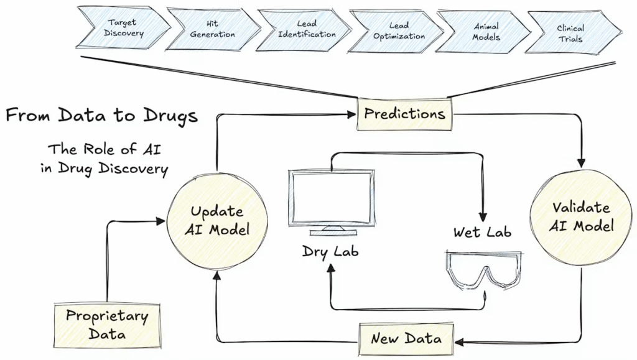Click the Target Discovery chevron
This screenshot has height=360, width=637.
pyautogui.click(x=124, y=27)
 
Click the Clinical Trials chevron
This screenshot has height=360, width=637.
pyautogui.click(x=570, y=32)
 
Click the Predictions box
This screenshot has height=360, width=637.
pyautogui.click(x=404, y=114)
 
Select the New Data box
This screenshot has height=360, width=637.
pyautogui.click(x=406, y=338)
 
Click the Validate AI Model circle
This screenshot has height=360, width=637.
pyautogui.click(x=580, y=216)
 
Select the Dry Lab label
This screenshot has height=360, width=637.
pyautogui.click(x=330, y=252)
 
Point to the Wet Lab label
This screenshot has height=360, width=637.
pyautogui.click(x=482, y=233)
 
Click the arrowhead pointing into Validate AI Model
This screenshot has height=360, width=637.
pyautogui.click(x=581, y=163)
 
